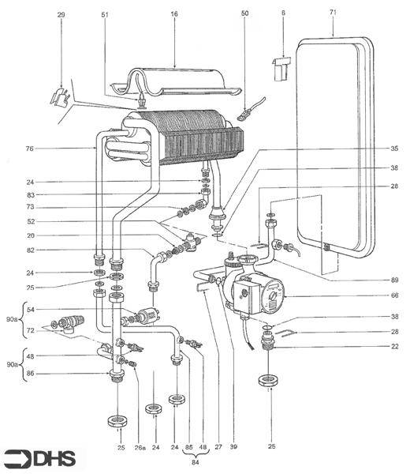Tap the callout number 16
pyautogui.click(x=174, y=13)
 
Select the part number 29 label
pyautogui.click(x=61, y=13)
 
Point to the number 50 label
pyautogui.click(x=244, y=13)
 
